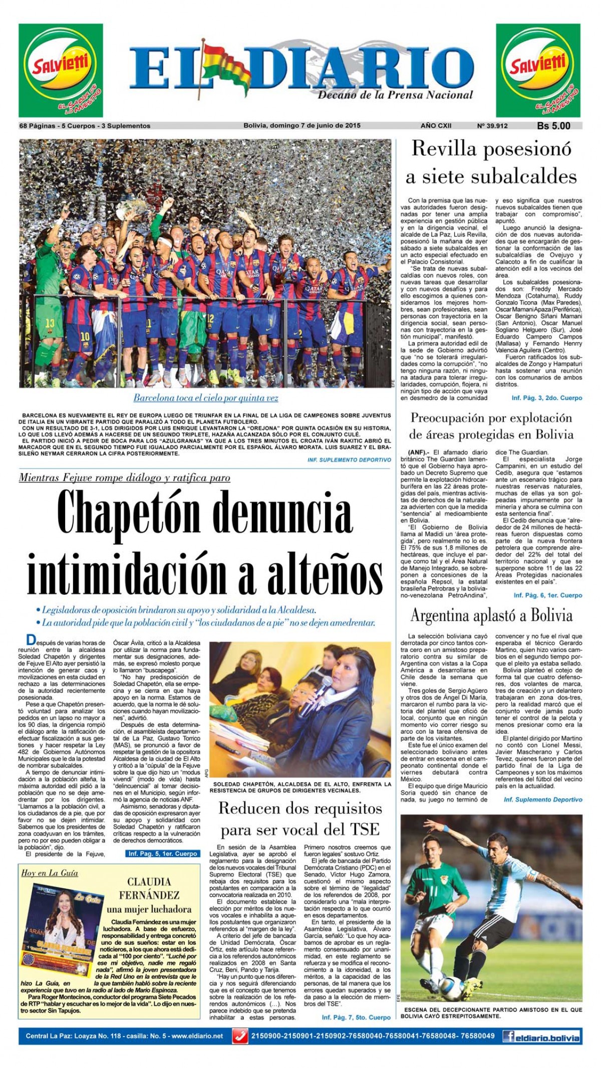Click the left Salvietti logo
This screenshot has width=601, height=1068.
[x=61, y=70]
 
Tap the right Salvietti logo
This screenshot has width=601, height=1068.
[x=538, y=70]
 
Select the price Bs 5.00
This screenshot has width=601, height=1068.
[x=553, y=126]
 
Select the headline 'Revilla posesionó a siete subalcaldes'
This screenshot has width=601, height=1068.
[x=491, y=162]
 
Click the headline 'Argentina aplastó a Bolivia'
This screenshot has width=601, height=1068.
[x=491, y=615]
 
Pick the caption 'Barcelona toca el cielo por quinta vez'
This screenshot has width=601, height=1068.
[x=205, y=398]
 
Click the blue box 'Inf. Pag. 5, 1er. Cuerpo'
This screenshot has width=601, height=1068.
[x=162, y=853]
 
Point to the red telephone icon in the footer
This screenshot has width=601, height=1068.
[x=241, y=1036]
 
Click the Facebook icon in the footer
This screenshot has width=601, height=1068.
[x=509, y=1036]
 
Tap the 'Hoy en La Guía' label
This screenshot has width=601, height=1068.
[x=50, y=873]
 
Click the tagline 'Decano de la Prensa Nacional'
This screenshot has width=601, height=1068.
[x=395, y=95]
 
